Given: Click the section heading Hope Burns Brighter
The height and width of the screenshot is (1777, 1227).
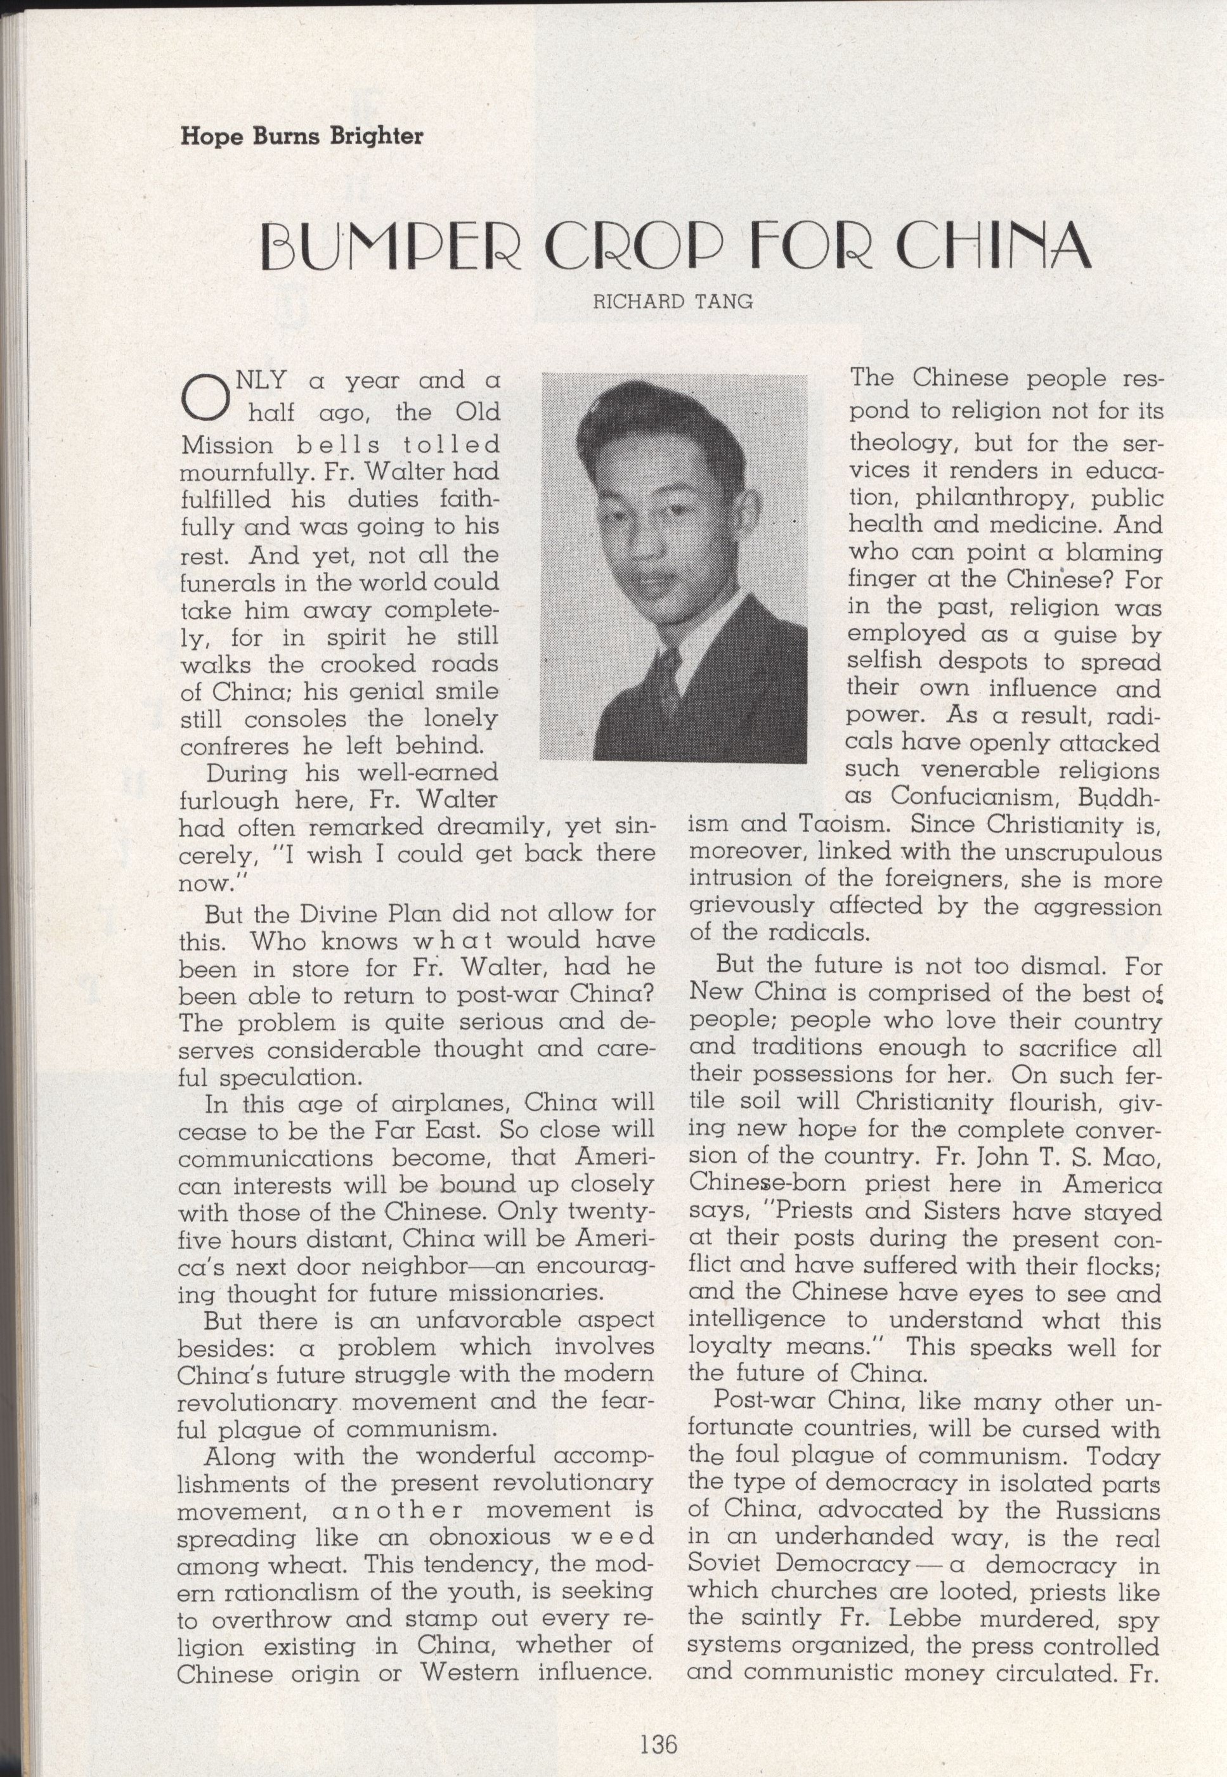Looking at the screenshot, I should tap(301, 137).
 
